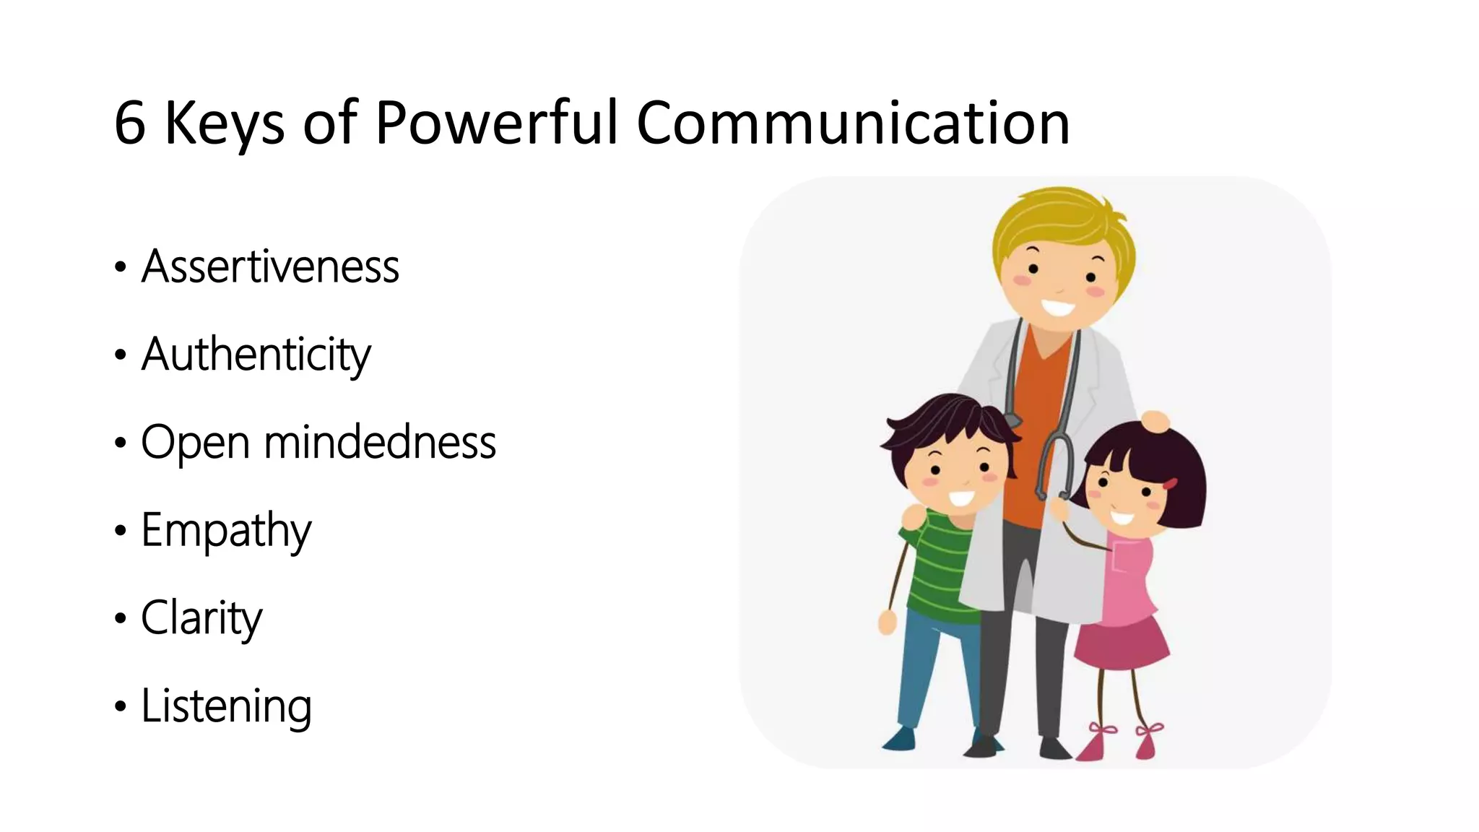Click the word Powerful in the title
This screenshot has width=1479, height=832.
497,123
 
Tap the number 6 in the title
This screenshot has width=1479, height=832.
130,124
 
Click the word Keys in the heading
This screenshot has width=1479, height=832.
225,124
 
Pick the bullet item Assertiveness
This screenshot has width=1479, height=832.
270,266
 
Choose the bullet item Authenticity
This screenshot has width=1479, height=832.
256,355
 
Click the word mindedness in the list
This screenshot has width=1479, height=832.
380,442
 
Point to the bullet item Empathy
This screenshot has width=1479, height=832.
226,530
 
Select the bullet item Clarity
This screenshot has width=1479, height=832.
201,618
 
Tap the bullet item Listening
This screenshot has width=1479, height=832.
226,706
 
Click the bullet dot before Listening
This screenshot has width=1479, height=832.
120,706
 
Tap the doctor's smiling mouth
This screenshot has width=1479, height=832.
1059,308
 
